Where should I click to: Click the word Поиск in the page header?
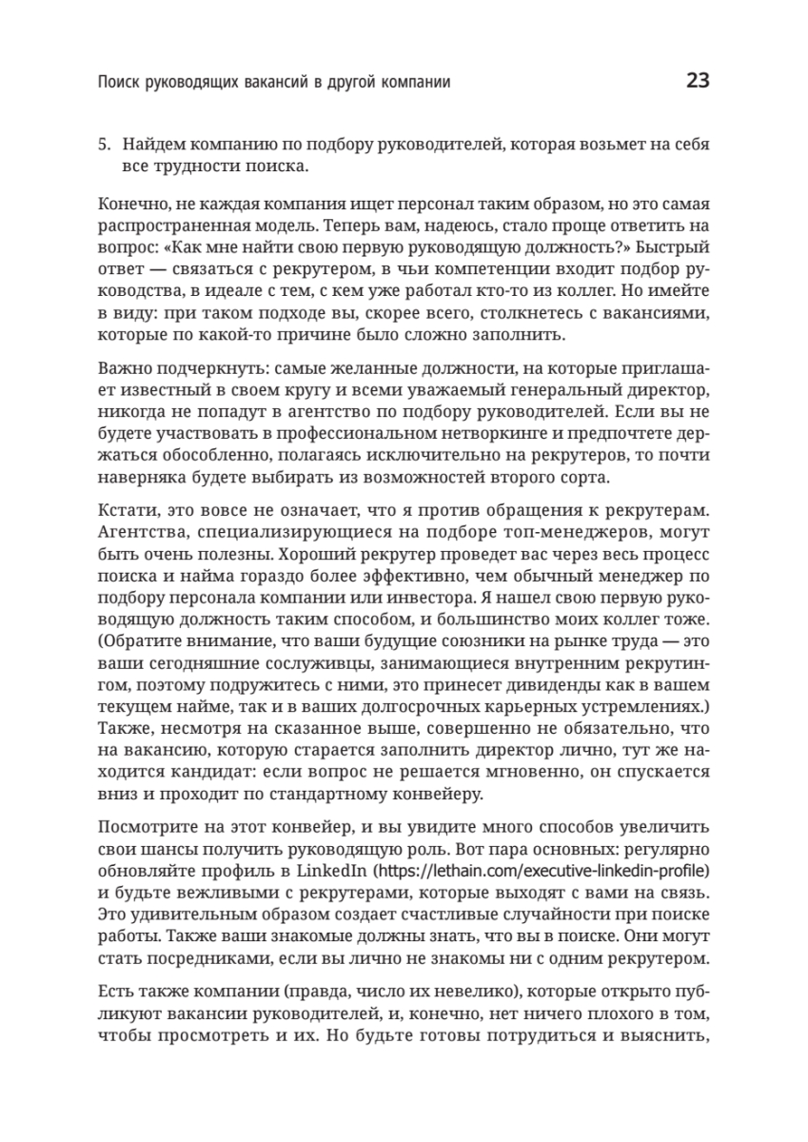[x=119, y=83]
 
